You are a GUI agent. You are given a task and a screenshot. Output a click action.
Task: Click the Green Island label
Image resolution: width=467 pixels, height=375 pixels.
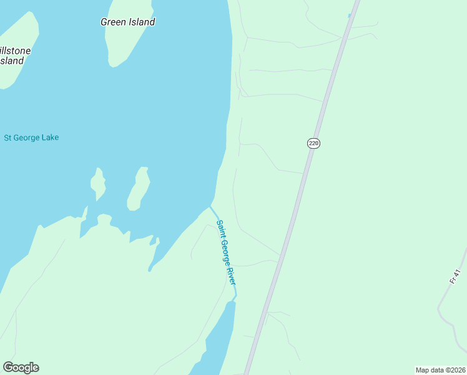pyautogui.click(x=128, y=22)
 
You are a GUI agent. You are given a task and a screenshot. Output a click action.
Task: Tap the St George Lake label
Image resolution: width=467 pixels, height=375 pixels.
pyautogui.click(x=31, y=137)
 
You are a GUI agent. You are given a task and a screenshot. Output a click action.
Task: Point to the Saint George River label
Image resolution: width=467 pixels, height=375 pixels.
pyautogui.click(x=226, y=252)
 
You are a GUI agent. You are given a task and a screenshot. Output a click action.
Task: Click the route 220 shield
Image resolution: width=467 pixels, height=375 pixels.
pyautogui.click(x=313, y=143)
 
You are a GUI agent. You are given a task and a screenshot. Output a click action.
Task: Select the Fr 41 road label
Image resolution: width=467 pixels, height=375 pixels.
pyautogui.click(x=455, y=276)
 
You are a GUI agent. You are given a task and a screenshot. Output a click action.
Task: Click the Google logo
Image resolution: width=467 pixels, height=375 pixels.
pyautogui.click(x=21, y=367)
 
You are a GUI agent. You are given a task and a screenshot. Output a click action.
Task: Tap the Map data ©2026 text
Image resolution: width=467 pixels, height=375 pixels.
pyautogui.click(x=440, y=370)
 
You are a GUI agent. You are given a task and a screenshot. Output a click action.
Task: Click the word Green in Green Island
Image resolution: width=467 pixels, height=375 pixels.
pyautogui.click(x=114, y=22)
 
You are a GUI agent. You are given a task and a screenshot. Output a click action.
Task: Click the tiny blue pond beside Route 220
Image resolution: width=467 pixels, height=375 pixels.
pyautogui.click(x=350, y=16)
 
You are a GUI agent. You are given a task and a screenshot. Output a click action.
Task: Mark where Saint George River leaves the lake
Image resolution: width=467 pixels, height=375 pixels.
pyautogui.click(x=210, y=207)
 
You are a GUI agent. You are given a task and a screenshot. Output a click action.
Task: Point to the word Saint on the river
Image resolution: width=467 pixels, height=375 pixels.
pyautogui.click(x=220, y=229)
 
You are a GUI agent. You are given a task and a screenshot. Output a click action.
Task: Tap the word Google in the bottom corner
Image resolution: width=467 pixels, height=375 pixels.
pyautogui.click(x=21, y=367)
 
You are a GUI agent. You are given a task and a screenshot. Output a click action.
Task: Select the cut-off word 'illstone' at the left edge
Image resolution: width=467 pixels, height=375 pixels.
pyautogui.click(x=15, y=50)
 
